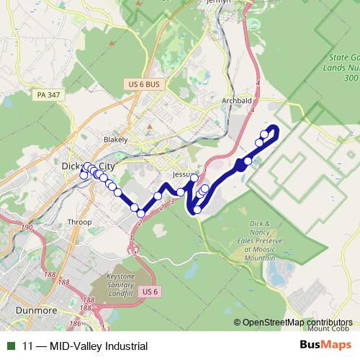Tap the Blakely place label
[x=115, y=139]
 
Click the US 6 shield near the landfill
[x=150, y=291]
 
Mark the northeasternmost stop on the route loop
[x=273, y=130]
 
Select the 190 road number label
[x=28, y=228]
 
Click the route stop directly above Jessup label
[x=194, y=178]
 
